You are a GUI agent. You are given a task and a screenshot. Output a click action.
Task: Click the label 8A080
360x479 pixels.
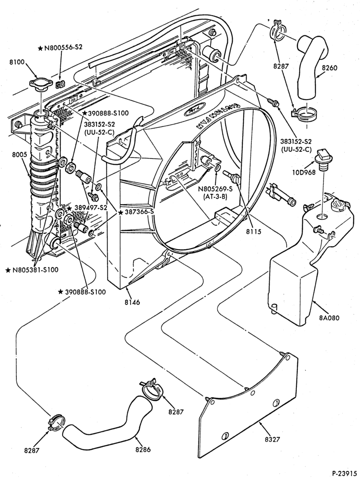click(329, 318)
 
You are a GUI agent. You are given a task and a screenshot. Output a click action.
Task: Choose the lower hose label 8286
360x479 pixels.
click(143, 449)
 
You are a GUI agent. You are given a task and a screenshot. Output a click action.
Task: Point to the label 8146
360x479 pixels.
click(132, 302)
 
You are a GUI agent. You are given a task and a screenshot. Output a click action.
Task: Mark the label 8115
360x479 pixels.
click(253, 231)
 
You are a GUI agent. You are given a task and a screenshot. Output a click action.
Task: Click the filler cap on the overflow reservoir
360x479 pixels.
click(339, 203)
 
